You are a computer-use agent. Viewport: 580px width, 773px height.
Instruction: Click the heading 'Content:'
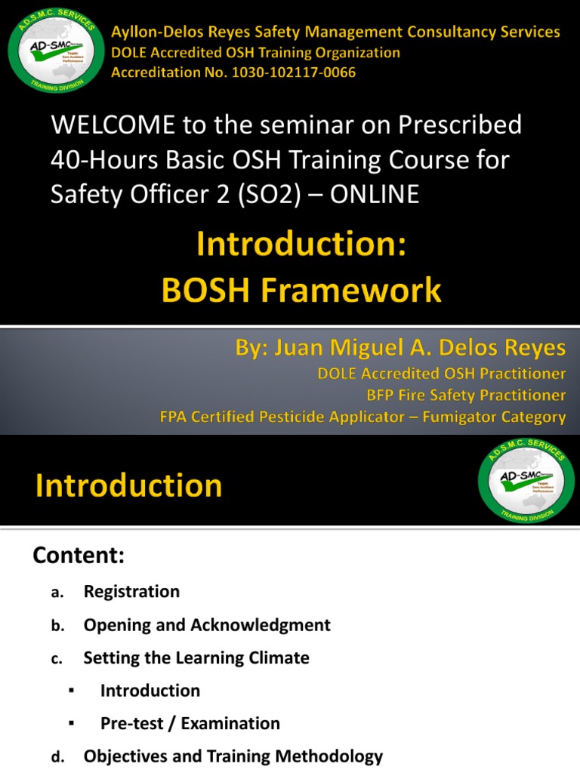click(78, 556)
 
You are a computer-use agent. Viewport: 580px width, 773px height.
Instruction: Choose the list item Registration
click(131, 591)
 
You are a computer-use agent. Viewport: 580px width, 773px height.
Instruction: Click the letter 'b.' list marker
click(57, 626)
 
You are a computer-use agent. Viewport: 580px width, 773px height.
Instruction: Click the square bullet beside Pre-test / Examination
click(70, 723)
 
